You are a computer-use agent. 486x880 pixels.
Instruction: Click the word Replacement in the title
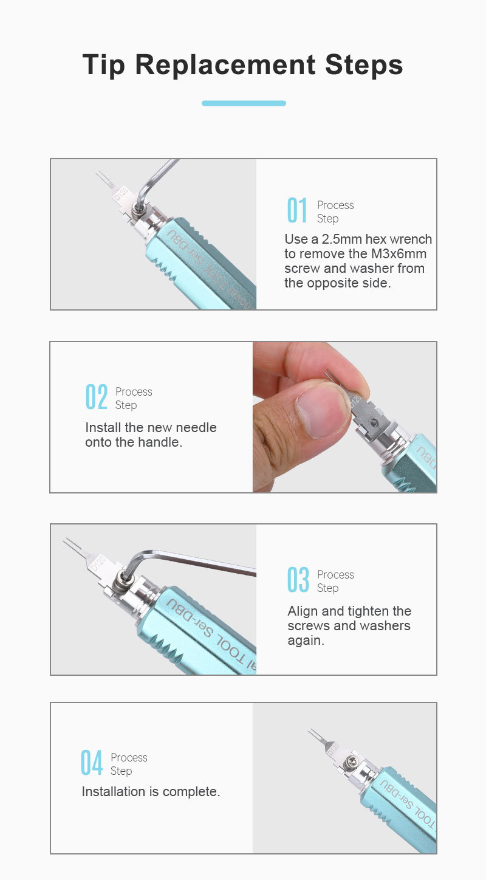pos(225,65)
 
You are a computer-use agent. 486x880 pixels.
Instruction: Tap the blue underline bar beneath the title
pos(244,103)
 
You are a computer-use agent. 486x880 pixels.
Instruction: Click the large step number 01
pos(297,210)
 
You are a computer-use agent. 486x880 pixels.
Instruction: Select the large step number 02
pos(97,397)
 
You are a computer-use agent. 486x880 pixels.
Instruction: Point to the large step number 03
pos(298,579)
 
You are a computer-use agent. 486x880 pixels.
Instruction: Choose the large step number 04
pos(92,763)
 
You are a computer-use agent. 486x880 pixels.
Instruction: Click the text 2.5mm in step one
pos(341,239)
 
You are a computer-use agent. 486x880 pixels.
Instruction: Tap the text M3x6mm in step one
pos(399,254)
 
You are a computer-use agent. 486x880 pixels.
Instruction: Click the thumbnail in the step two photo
pos(322,411)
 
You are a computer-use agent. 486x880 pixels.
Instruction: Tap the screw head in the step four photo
pos(349,764)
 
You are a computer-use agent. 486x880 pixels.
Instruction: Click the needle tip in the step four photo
pos(309,730)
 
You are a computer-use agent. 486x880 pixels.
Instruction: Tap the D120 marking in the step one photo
pos(121,194)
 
